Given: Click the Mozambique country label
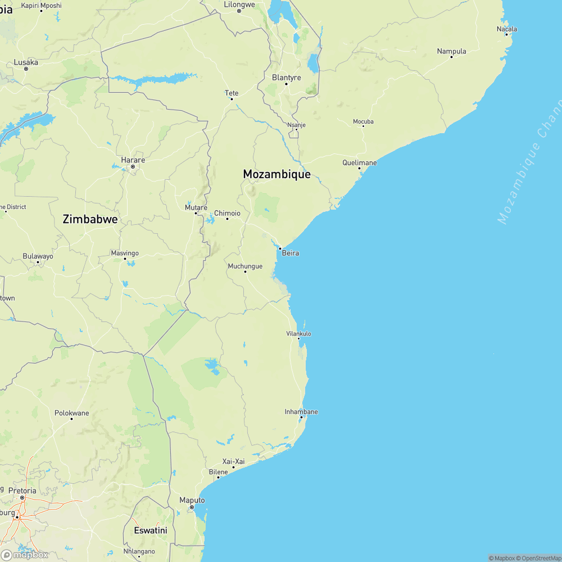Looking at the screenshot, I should [277, 174].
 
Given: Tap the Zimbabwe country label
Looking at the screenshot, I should [90, 219].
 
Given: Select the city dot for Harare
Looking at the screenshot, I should [133, 166].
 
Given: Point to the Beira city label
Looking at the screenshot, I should [291, 253].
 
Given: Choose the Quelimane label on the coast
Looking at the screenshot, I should [360, 163].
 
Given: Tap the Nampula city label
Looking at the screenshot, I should [452, 52].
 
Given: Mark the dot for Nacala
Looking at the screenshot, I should [507, 35].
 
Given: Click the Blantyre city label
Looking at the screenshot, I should [287, 78].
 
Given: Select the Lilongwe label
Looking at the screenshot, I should [239, 4].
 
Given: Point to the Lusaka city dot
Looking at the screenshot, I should [26, 69].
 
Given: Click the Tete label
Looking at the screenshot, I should [232, 93].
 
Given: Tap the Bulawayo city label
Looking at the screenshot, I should [38, 256].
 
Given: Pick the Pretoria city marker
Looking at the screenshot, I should [22, 497].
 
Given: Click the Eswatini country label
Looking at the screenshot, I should [151, 530].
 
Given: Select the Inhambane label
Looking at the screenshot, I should [301, 412].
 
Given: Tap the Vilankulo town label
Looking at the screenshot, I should [299, 334].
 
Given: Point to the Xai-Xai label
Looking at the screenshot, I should [234, 461].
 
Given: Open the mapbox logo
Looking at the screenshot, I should [25, 554].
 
